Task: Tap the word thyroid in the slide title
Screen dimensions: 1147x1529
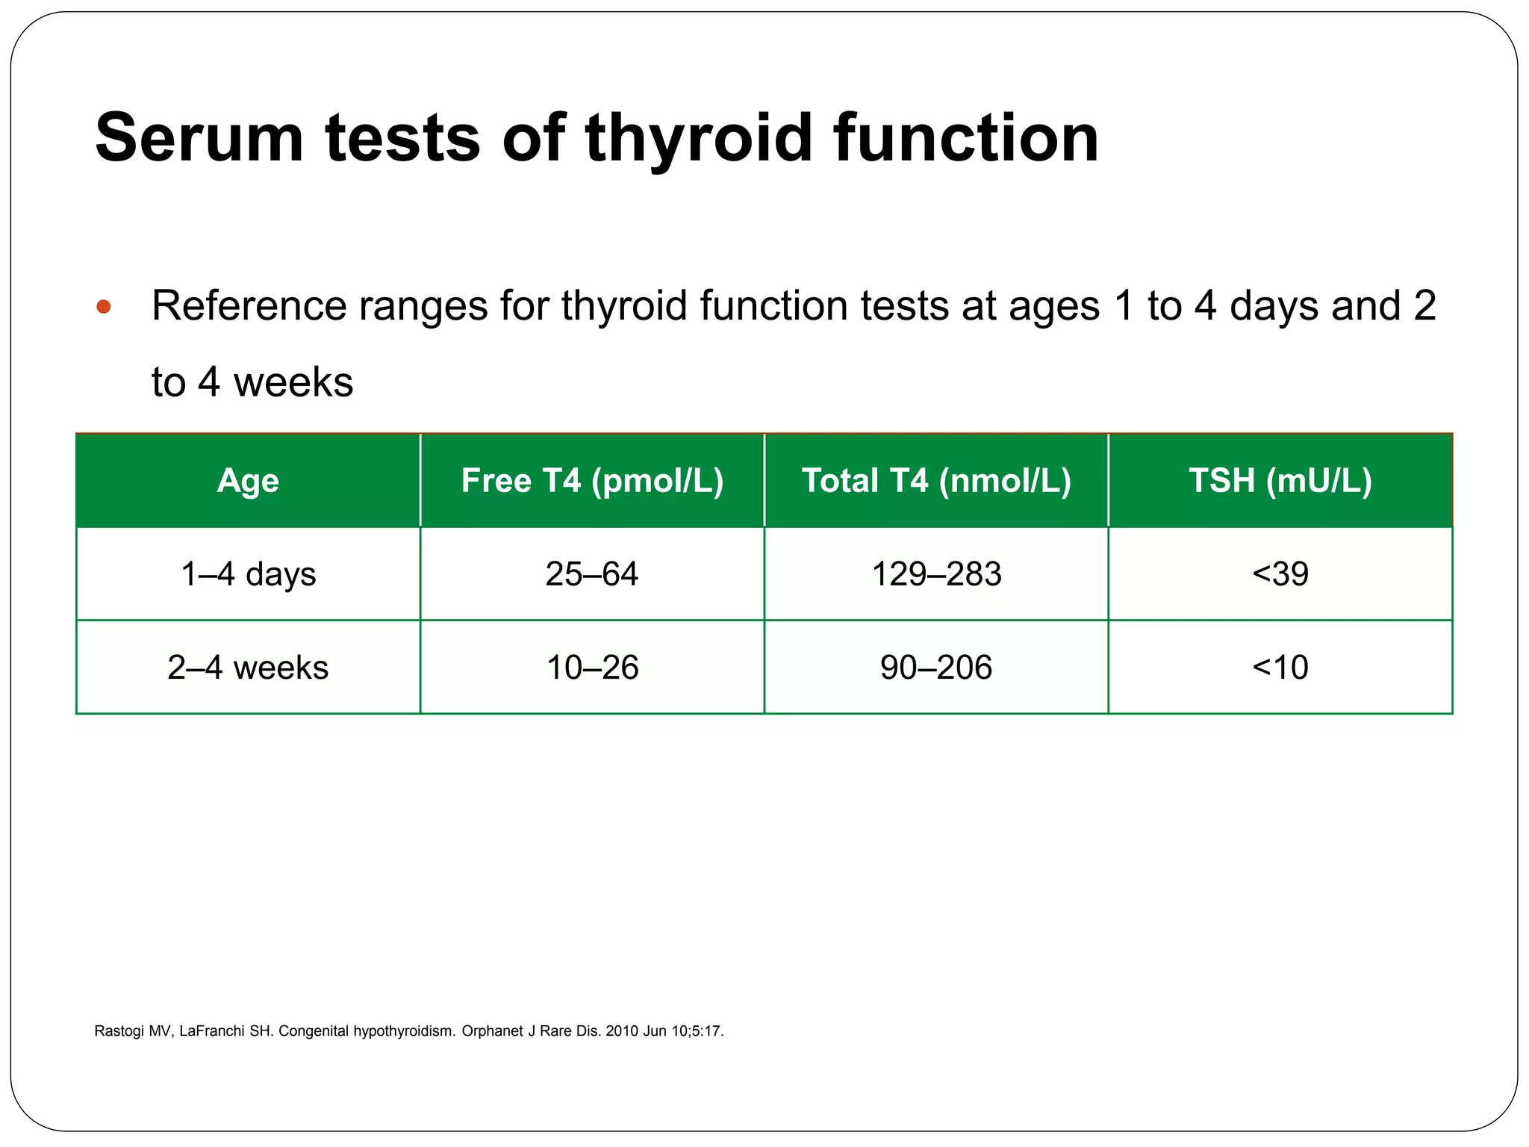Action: [698, 138]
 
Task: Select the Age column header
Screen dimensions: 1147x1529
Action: [248, 480]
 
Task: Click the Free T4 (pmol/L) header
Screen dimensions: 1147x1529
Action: [592, 480]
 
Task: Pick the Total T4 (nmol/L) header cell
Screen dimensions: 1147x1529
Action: [936, 480]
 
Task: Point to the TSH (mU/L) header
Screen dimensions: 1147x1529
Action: [1280, 480]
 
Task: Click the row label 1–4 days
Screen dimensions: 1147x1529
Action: [248, 573]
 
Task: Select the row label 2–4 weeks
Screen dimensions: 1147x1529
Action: [248, 667]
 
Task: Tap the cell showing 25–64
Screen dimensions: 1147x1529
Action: [592, 573]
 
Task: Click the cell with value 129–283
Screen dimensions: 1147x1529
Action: [936, 573]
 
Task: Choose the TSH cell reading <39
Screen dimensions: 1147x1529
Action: [1280, 573]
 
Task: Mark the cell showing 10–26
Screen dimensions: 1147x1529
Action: [592, 667]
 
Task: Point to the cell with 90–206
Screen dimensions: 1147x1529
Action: [936, 667]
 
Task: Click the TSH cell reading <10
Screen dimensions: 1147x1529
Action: [1280, 667]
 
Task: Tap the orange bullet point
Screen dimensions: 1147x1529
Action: [104, 307]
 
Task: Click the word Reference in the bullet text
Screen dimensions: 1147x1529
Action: [249, 306]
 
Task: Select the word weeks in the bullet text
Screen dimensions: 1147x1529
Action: [293, 382]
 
